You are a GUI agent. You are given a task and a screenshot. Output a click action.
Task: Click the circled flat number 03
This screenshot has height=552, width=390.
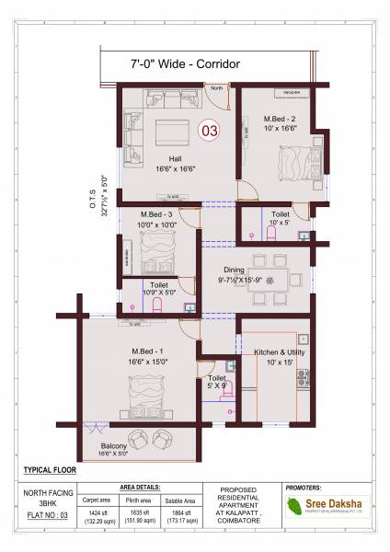click(x=210, y=130)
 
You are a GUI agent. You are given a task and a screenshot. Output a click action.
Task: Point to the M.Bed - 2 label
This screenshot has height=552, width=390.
click(x=279, y=120)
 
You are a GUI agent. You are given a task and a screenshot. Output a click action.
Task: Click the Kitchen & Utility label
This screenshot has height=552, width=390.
click(x=280, y=353)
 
